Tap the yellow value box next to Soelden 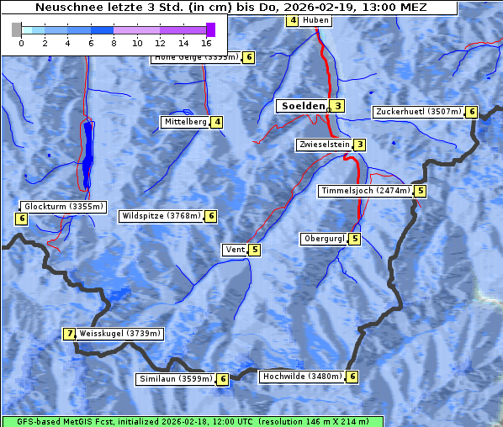(x=337, y=106)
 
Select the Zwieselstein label (x=323, y=145)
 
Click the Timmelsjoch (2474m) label (x=366, y=191)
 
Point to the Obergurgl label (x=324, y=239)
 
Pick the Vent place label (x=234, y=250)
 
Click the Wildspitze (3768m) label (x=161, y=216)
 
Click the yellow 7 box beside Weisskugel (x=70, y=334)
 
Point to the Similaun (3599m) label (x=176, y=379)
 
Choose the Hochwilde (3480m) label (x=301, y=377)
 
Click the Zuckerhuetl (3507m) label (x=418, y=112)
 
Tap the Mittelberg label (x=185, y=122)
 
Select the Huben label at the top (x=315, y=20)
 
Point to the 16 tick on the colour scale (x=207, y=42)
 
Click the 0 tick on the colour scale (x=20, y=42)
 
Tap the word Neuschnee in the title (x=64, y=8)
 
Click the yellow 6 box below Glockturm (x=21, y=219)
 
